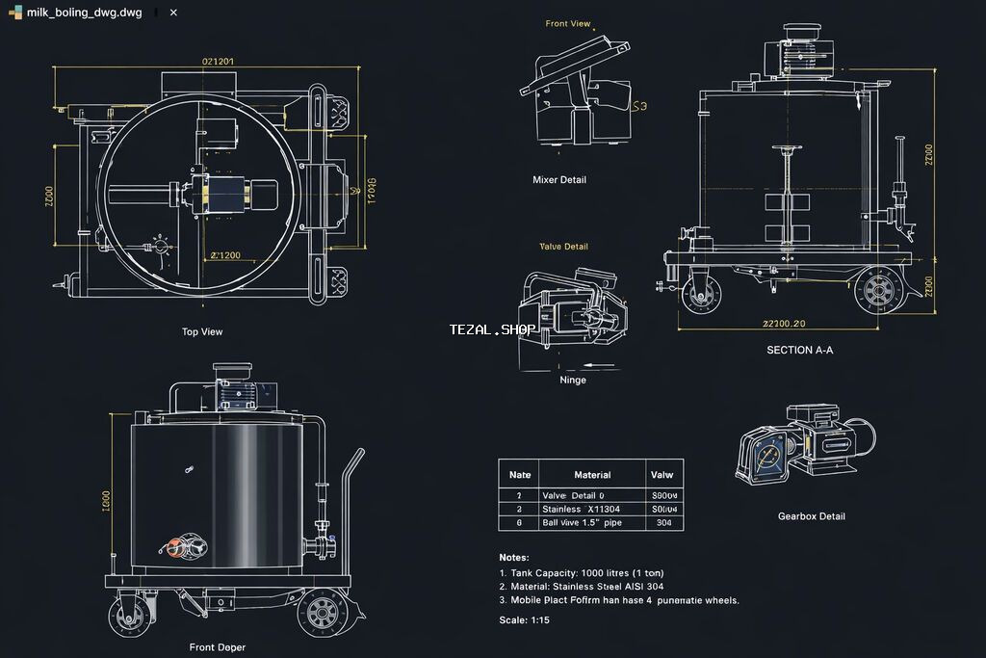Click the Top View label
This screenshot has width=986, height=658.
pos(202,331)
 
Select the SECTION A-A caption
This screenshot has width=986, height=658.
pos(799,350)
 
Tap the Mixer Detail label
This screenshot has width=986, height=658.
pos(558,179)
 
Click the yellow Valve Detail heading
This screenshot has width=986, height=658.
pos(563,247)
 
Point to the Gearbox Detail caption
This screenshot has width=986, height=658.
pos(811,516)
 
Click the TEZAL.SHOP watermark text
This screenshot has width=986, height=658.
pos(492,329)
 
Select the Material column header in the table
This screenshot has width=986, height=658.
pos(592,474)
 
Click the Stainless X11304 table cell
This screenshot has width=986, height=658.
pos(581,509)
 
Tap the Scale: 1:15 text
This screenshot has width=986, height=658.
pos(526,619)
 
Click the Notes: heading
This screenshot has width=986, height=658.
pos(514,557)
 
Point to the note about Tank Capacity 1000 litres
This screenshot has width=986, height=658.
pos(581,572)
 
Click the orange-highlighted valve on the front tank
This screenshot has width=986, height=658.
pos(175,547)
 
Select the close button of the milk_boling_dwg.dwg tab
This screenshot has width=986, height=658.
pos(173,13)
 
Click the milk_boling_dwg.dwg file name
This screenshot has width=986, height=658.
pos(84,13)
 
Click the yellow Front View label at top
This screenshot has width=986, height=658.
pos(567,24)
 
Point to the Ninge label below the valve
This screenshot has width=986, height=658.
pos(573,380)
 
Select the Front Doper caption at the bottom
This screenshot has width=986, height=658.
pos(217,647)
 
